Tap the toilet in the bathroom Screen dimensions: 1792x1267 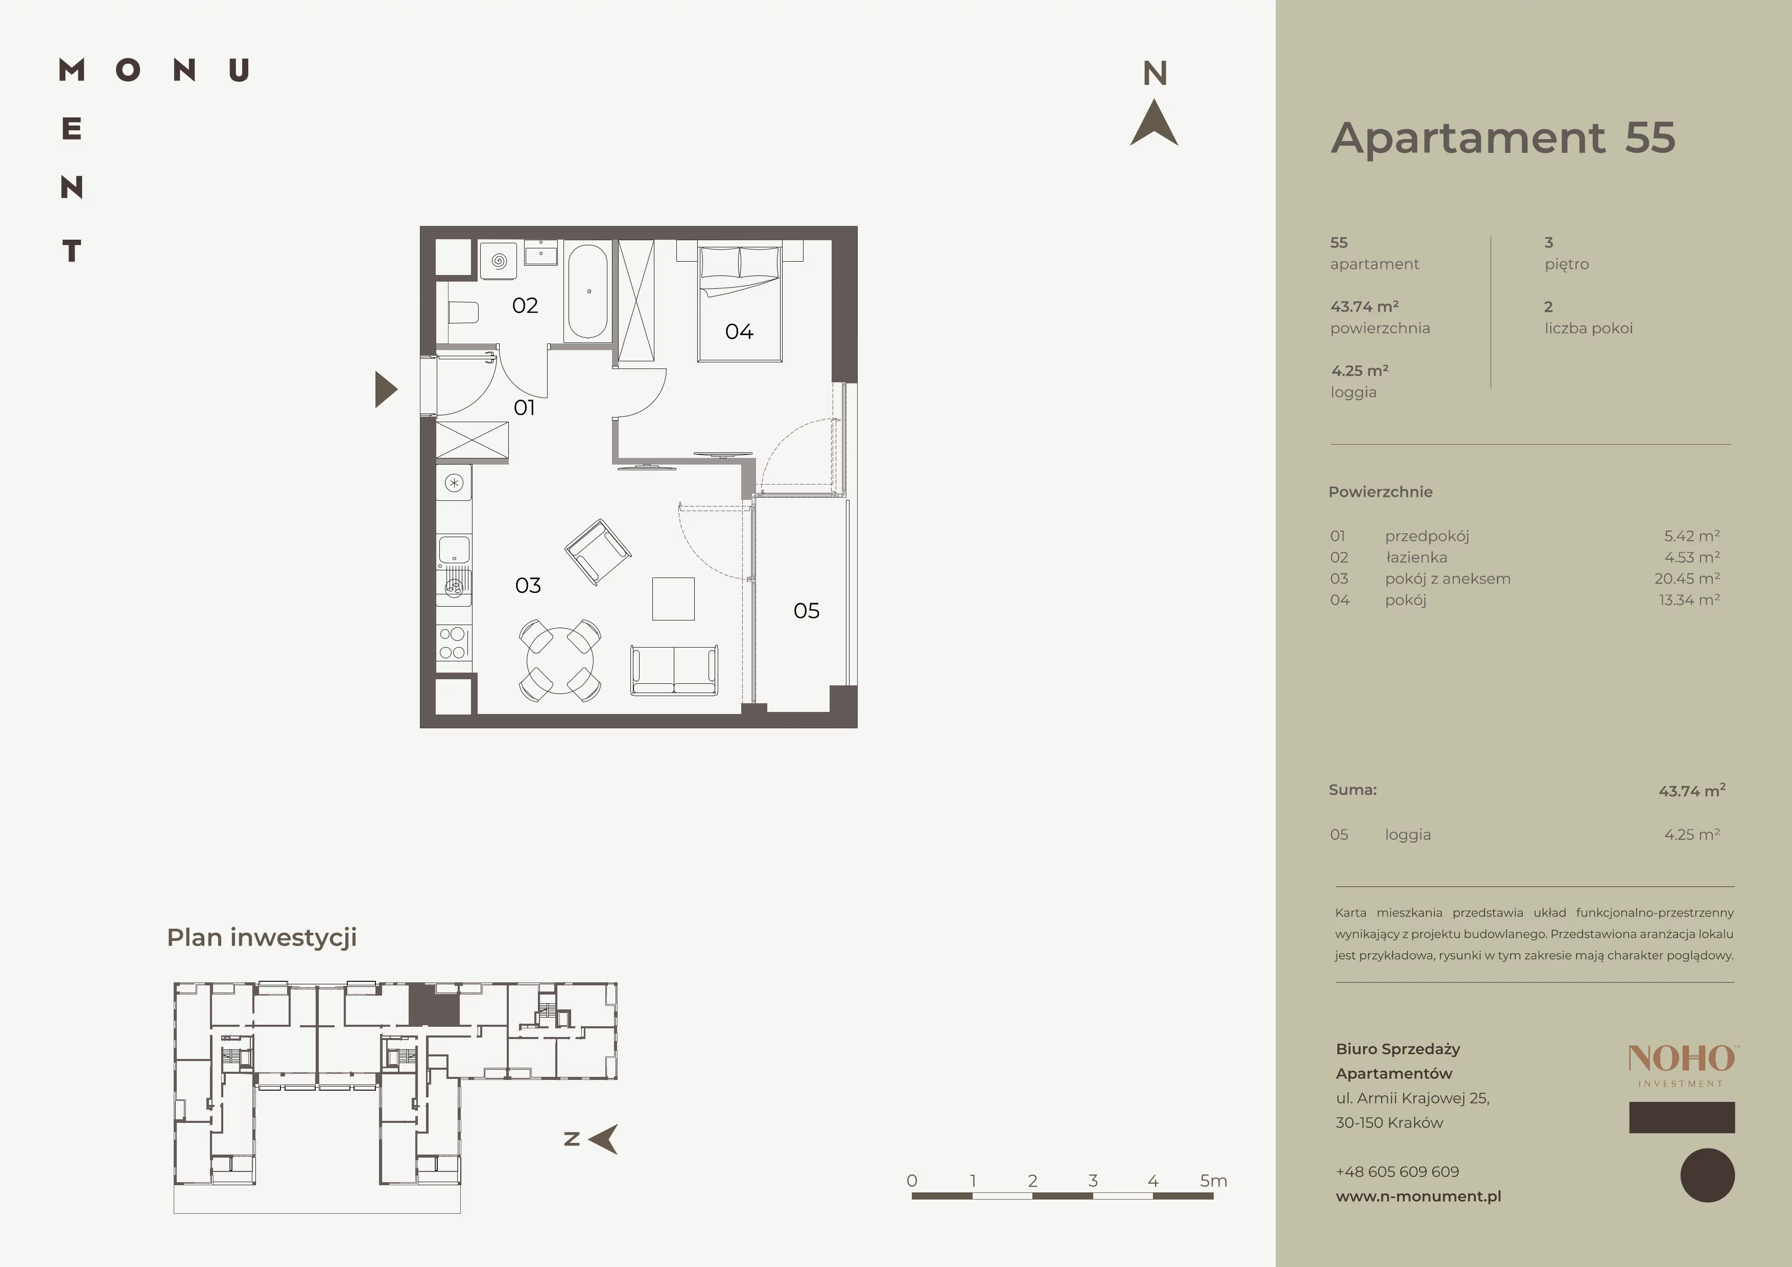click(x=462, y=313)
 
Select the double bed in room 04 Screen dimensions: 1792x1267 click(x=740, y=303)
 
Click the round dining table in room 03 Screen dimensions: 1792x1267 click(x=559, y=660)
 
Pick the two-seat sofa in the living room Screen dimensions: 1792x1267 click(x=674, y=670)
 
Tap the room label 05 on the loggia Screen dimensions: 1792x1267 click(x=806, y=610)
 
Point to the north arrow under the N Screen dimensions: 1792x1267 click(x=1154, y=123)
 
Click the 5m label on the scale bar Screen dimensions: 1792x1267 click(x=1214, y=1181)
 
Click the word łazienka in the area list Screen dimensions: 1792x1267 click(x=1417, y=558)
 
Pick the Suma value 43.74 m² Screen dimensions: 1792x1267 click(x=1692, y=790)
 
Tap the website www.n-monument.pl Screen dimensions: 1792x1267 click(x=1418, y=1196)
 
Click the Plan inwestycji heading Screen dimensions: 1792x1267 click(x=262, y=937)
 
